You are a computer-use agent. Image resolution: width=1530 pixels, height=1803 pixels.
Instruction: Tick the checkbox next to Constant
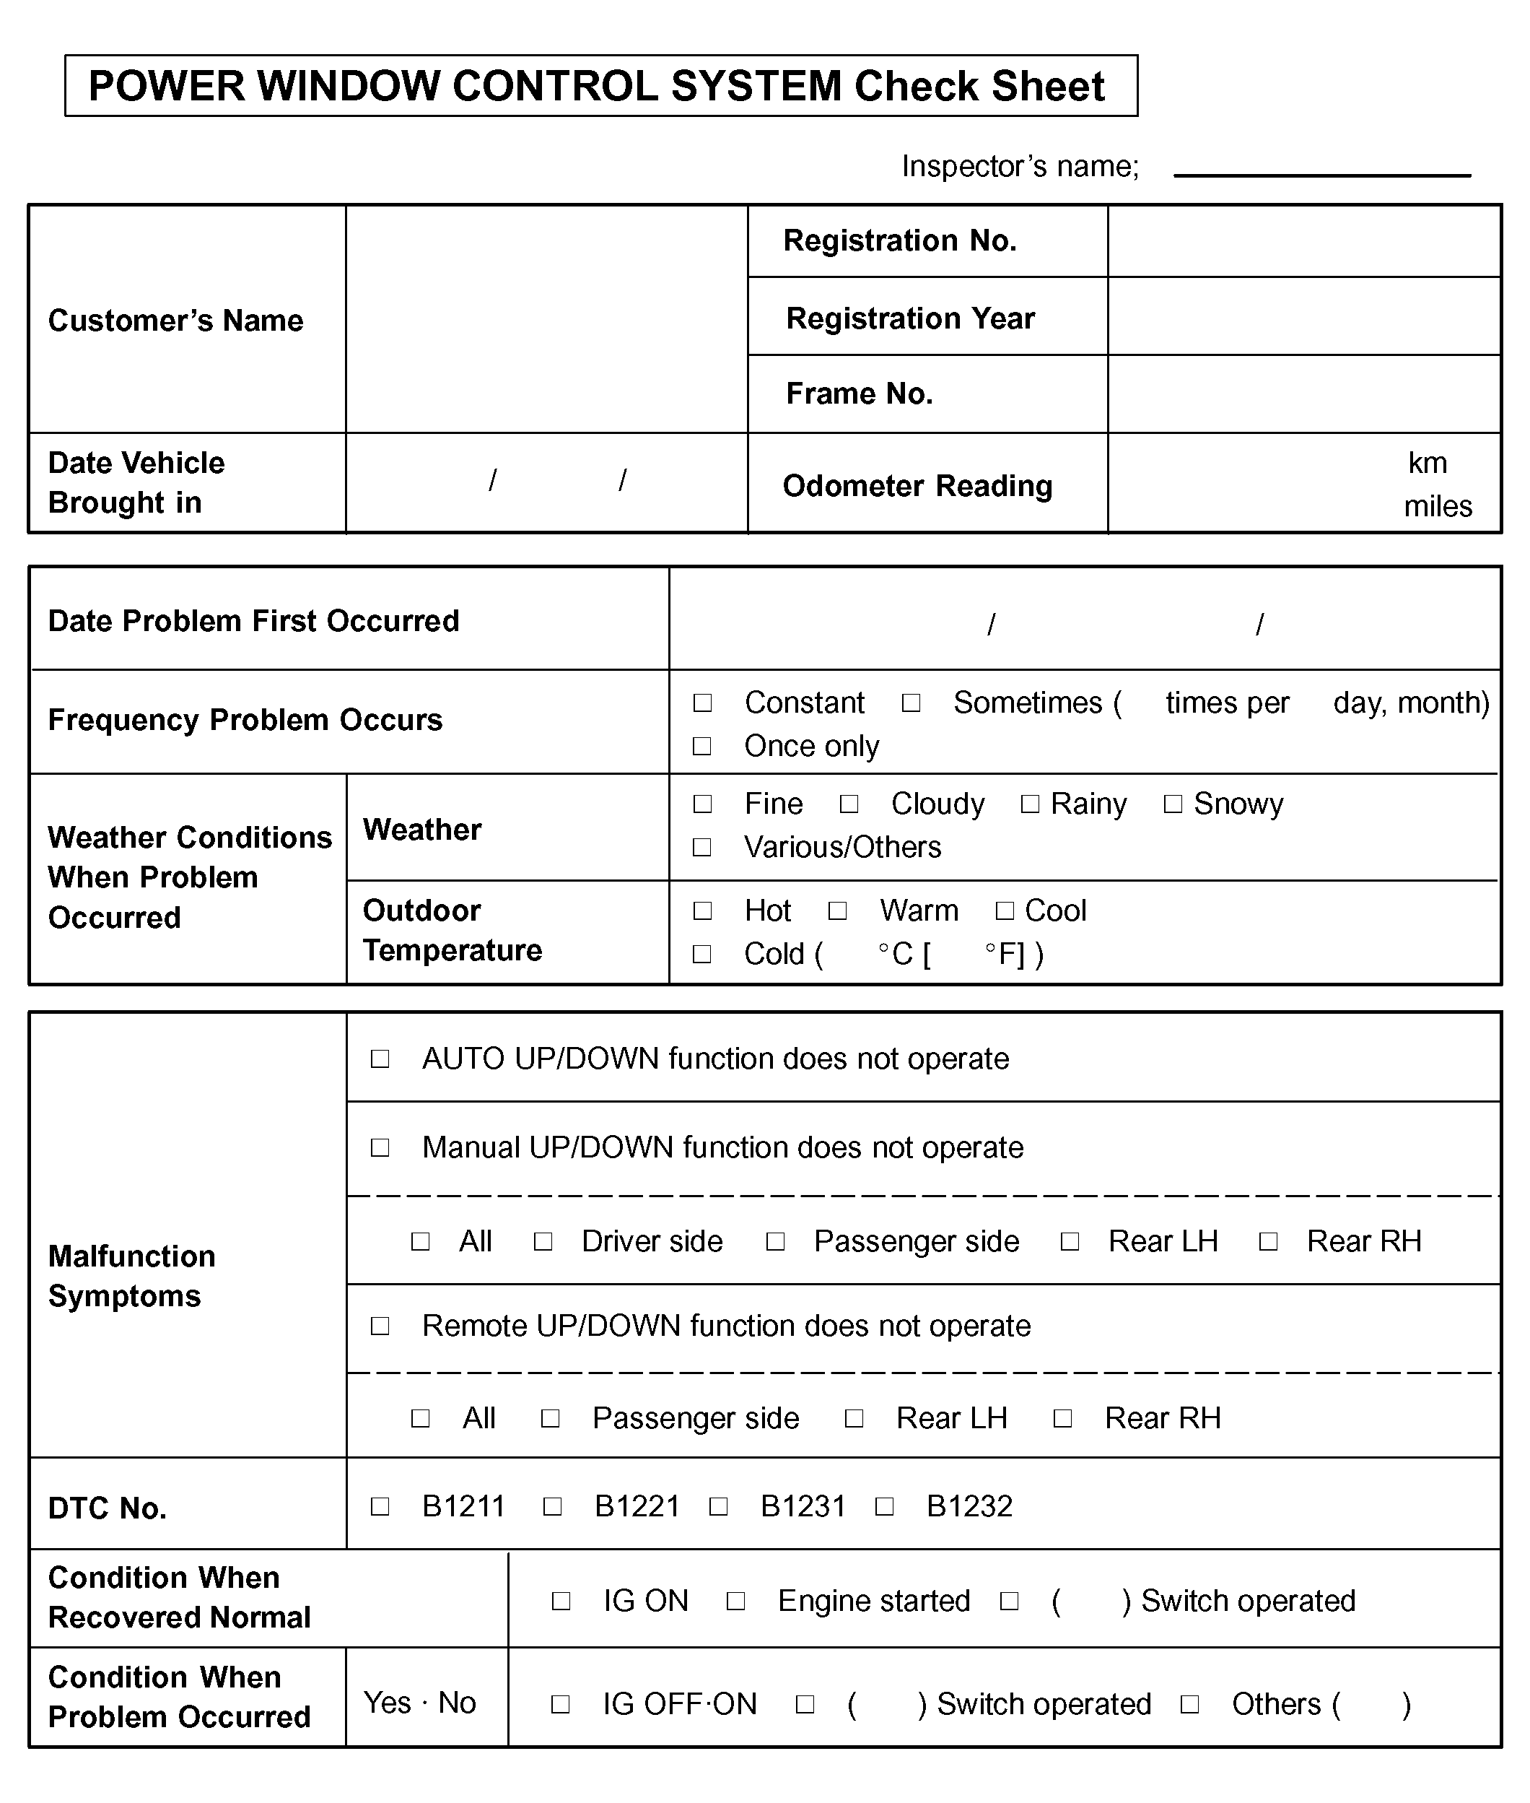pyautogui.click(x=702, y=703)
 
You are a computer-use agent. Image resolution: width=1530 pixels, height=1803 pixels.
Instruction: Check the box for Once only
pyautogui.click(x=702, y=746)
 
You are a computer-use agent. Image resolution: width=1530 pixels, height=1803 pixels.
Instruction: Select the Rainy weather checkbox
pyautogui.click(x=1030, y=804)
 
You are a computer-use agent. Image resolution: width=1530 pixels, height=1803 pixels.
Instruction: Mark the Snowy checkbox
pyautogui.click(x=1173, y=804)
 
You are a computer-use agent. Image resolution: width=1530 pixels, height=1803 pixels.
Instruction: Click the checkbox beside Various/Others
pyautogui.click(x=702, y=847)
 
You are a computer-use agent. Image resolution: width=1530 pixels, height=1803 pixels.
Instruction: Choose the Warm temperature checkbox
pyautogui.click(x=837, y=911)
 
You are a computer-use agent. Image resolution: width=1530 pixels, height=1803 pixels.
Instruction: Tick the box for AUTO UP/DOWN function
pyautogui.click(x=380, y=1059)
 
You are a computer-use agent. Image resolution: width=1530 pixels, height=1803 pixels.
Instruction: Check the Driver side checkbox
pyautogui.click(x=543, y=1242)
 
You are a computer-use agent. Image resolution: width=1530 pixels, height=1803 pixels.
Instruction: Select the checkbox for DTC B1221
pyautogui.click(x=553, y=1506)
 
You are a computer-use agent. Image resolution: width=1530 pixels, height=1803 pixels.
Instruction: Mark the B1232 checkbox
pyautogui.click(x=884, y=1506)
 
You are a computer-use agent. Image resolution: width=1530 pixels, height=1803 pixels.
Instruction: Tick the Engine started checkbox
pyautogui.click(x=735, y=1601)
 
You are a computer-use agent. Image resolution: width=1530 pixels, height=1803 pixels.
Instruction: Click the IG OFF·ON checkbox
pyautogui.click(x=561, y=1704)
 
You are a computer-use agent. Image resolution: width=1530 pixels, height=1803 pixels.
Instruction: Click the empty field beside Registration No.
pyautogui.click(x=1303, y=241)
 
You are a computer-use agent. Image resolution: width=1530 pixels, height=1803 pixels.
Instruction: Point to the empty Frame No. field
pyautogui.click(x=1303, y=394)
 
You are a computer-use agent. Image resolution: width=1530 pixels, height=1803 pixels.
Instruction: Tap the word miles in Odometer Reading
pyautogui.click(x=1437, y=507)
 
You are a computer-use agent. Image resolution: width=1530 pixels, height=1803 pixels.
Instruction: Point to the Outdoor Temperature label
pyautogui.click(x=452, y=930)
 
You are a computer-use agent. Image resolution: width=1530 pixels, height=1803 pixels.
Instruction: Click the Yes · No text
pyautogui.click(x=420, y=1703)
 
